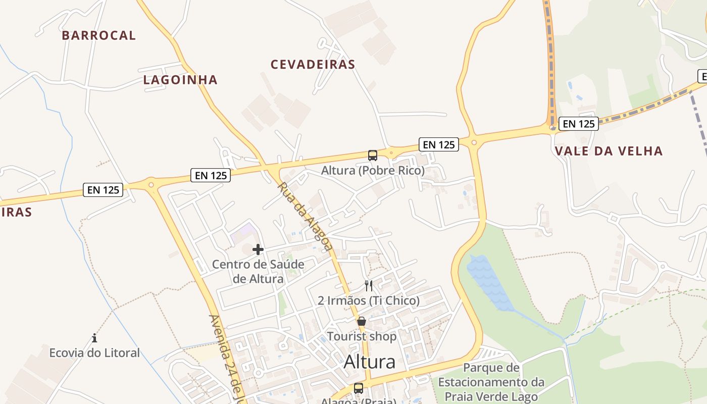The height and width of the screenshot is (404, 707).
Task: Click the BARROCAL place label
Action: tap(99, 35)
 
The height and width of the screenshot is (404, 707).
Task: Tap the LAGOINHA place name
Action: tap(180, 80)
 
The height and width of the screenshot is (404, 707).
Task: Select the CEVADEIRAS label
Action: tap(313, 65)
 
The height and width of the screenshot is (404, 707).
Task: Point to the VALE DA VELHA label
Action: tap(609, 151)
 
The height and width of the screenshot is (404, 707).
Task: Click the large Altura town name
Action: tap(370, 362)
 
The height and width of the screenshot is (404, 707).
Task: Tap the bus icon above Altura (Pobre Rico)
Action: tap(373, 155)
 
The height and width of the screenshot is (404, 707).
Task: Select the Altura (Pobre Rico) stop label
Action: tap(373, 171)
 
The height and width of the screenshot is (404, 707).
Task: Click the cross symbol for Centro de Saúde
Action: tap(258, 249)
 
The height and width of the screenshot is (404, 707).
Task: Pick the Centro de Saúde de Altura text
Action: tap(258, 271)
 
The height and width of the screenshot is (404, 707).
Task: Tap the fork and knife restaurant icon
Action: tap(369, 286)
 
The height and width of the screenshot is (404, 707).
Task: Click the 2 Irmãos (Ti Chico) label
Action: tap(369, 301)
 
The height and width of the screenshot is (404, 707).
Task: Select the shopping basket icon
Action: tap(362, 321)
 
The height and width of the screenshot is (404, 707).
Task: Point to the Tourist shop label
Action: tap(362, 336)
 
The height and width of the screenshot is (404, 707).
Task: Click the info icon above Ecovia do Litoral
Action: tap(94, 338)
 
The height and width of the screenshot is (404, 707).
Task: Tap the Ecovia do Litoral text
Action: tap(94, 352)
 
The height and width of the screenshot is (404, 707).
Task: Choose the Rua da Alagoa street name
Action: tap(305, 216)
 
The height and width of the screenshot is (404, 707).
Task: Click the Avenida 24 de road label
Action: tap(227, 359)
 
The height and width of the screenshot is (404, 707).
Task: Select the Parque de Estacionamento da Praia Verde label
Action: tap(491, 382)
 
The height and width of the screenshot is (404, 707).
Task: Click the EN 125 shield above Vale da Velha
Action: tap(579, 123)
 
